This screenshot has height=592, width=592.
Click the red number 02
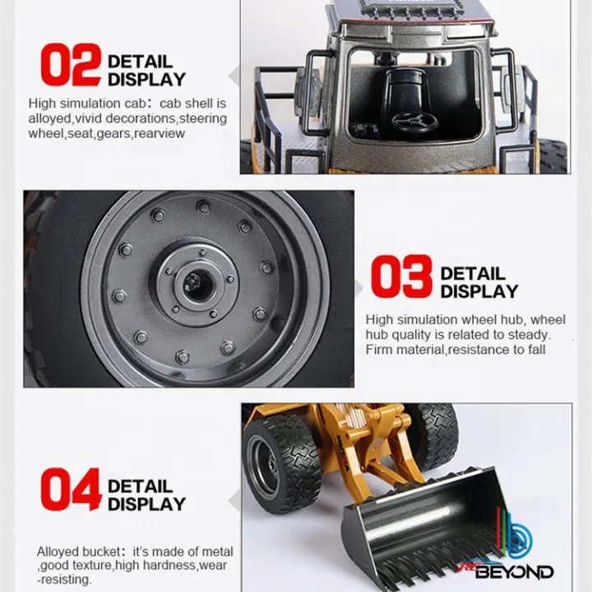tap(71, 67)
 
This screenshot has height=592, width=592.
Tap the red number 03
tap(400, 277)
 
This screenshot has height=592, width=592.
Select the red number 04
tap(71, 490)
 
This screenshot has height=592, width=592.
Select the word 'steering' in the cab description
tap(202, 118)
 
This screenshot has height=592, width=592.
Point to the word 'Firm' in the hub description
tap(381, 350)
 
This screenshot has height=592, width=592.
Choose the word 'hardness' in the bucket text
tap(173, 566)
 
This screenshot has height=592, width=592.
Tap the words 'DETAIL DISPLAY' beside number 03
tap(479, 282)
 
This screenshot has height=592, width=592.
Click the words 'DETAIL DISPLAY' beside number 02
tap(146, 71)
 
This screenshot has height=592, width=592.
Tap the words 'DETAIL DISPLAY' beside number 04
tap(146, 495)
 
